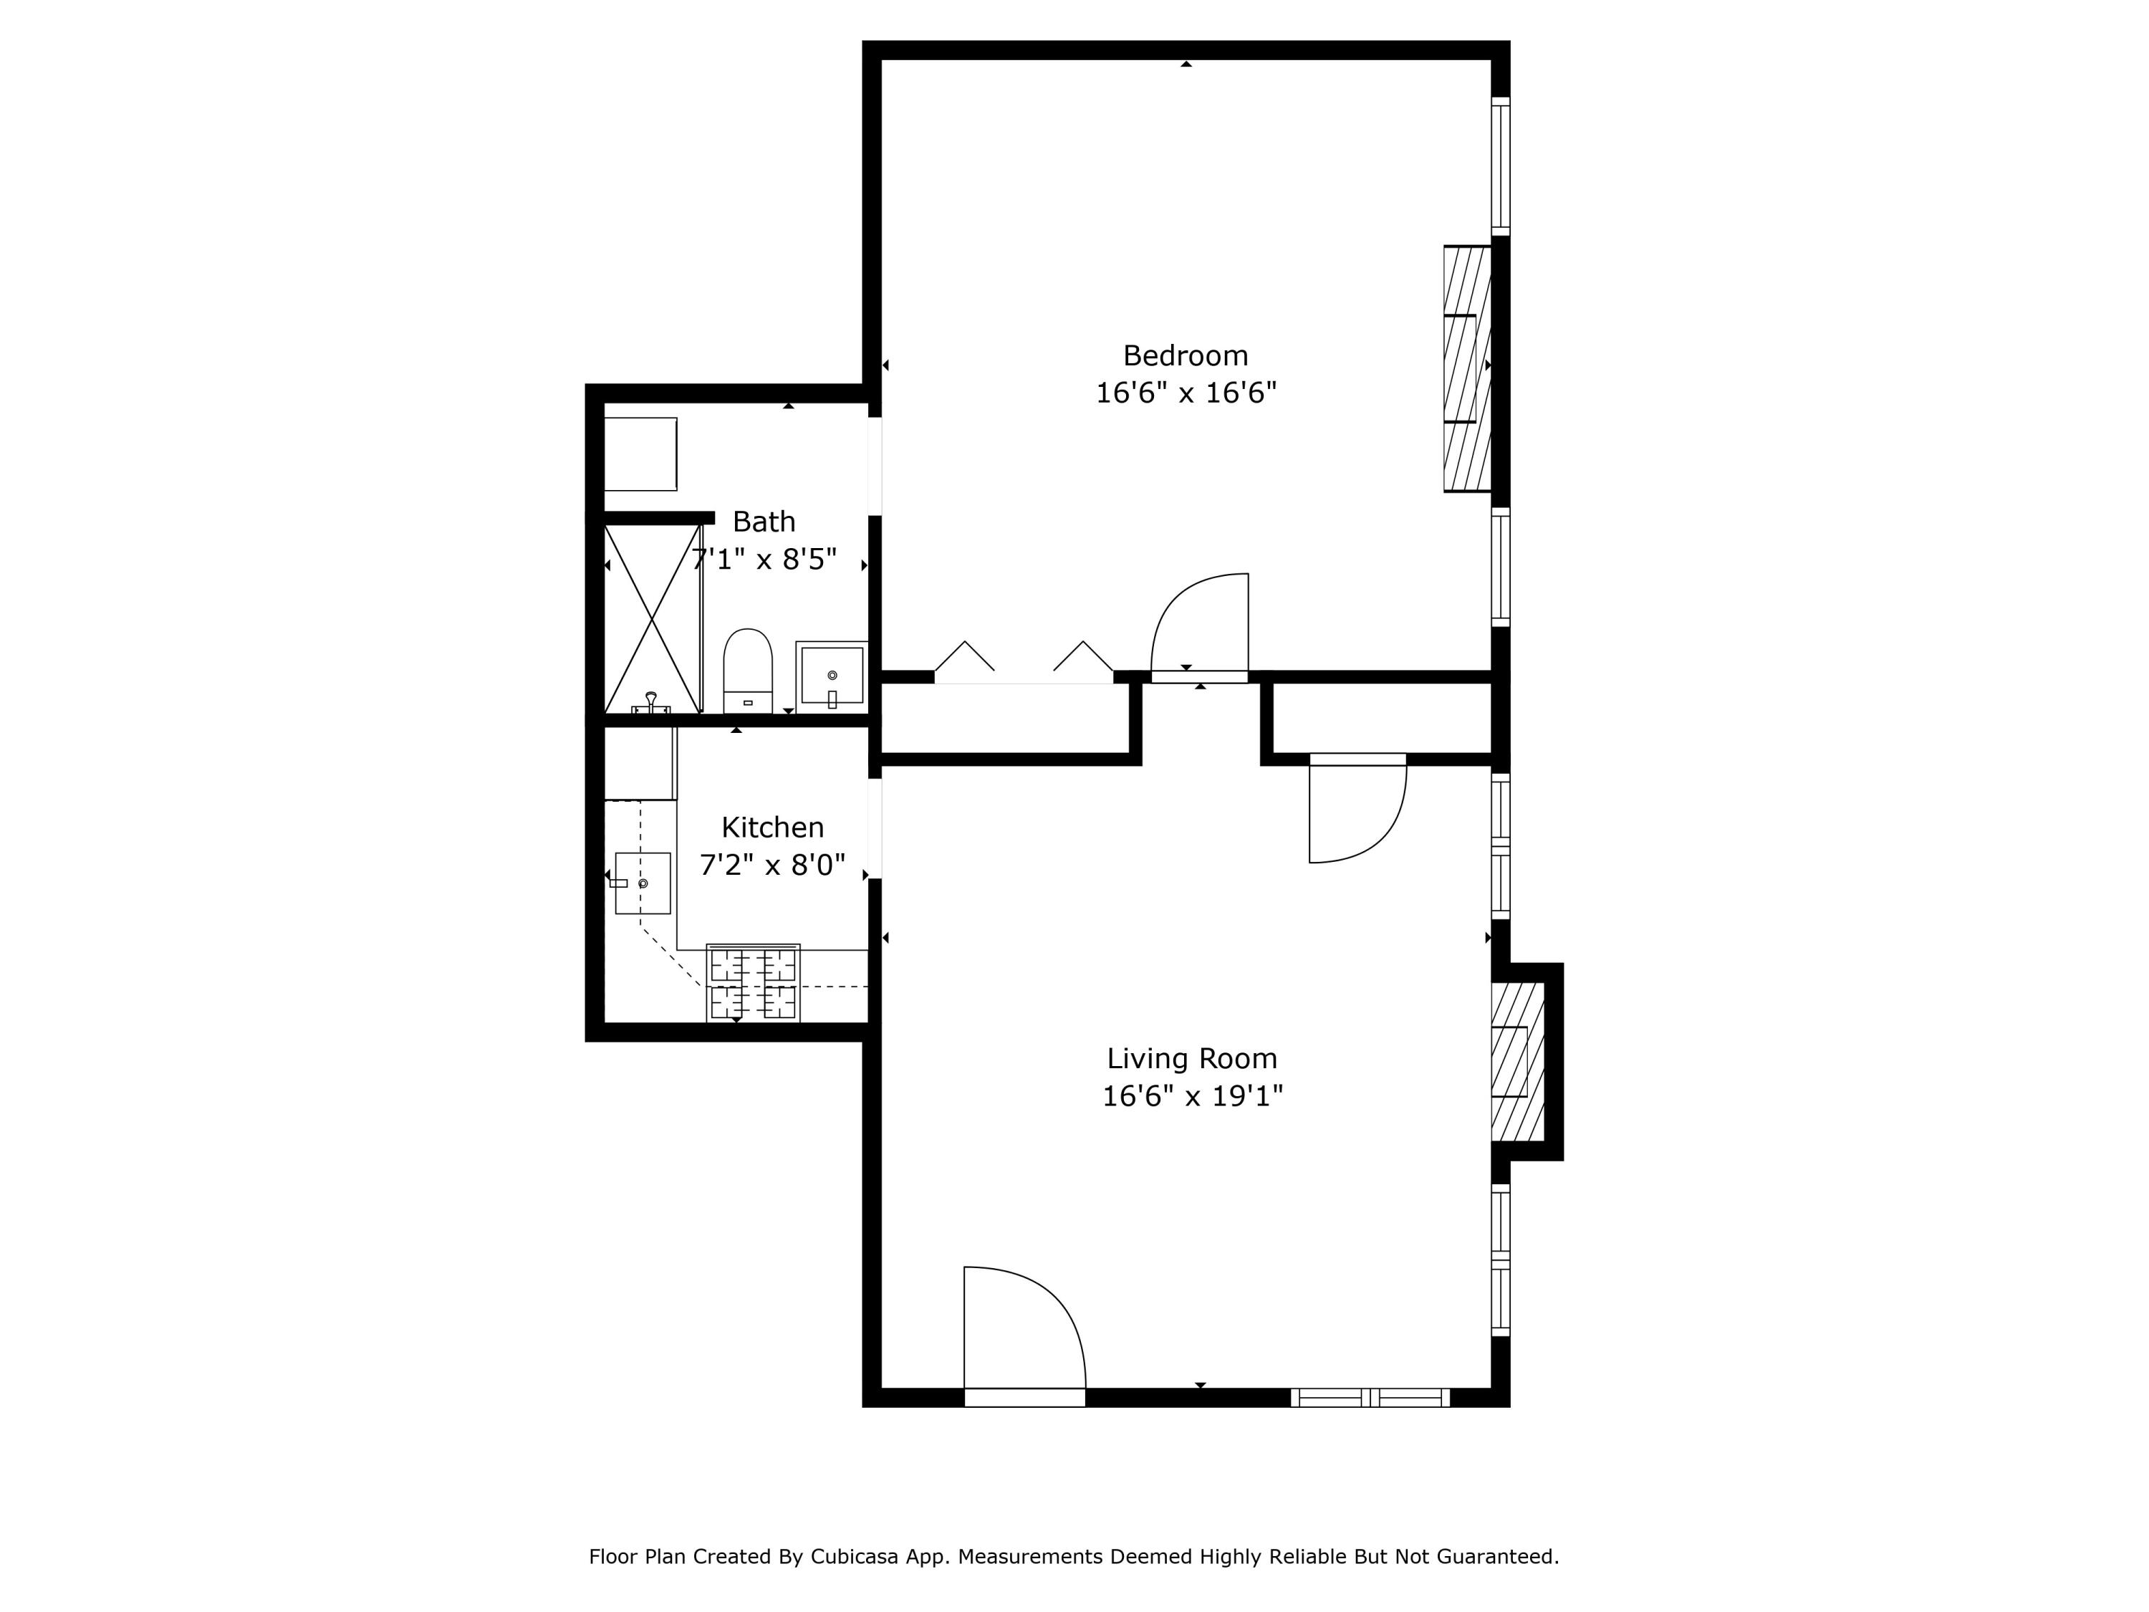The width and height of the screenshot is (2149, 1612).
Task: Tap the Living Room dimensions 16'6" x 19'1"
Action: [1192, 1096]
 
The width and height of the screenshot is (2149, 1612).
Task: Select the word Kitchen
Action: [772, 828]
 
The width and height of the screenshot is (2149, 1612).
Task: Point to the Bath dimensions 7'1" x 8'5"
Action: [764, 561]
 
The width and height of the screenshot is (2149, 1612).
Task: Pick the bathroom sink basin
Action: [832, 674]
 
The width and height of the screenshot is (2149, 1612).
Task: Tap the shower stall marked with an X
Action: [652, 619]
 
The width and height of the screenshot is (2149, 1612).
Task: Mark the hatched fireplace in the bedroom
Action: [1466, 369]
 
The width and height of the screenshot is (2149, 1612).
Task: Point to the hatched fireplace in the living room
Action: [1516, 1061]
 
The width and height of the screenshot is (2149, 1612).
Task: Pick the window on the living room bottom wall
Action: [1370, 1397]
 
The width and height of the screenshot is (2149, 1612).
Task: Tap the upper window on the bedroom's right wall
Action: [1500, 166]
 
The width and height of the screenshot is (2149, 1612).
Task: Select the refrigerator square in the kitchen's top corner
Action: [640, 764]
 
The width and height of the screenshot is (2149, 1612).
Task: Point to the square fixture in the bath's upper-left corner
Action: [640, 454]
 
